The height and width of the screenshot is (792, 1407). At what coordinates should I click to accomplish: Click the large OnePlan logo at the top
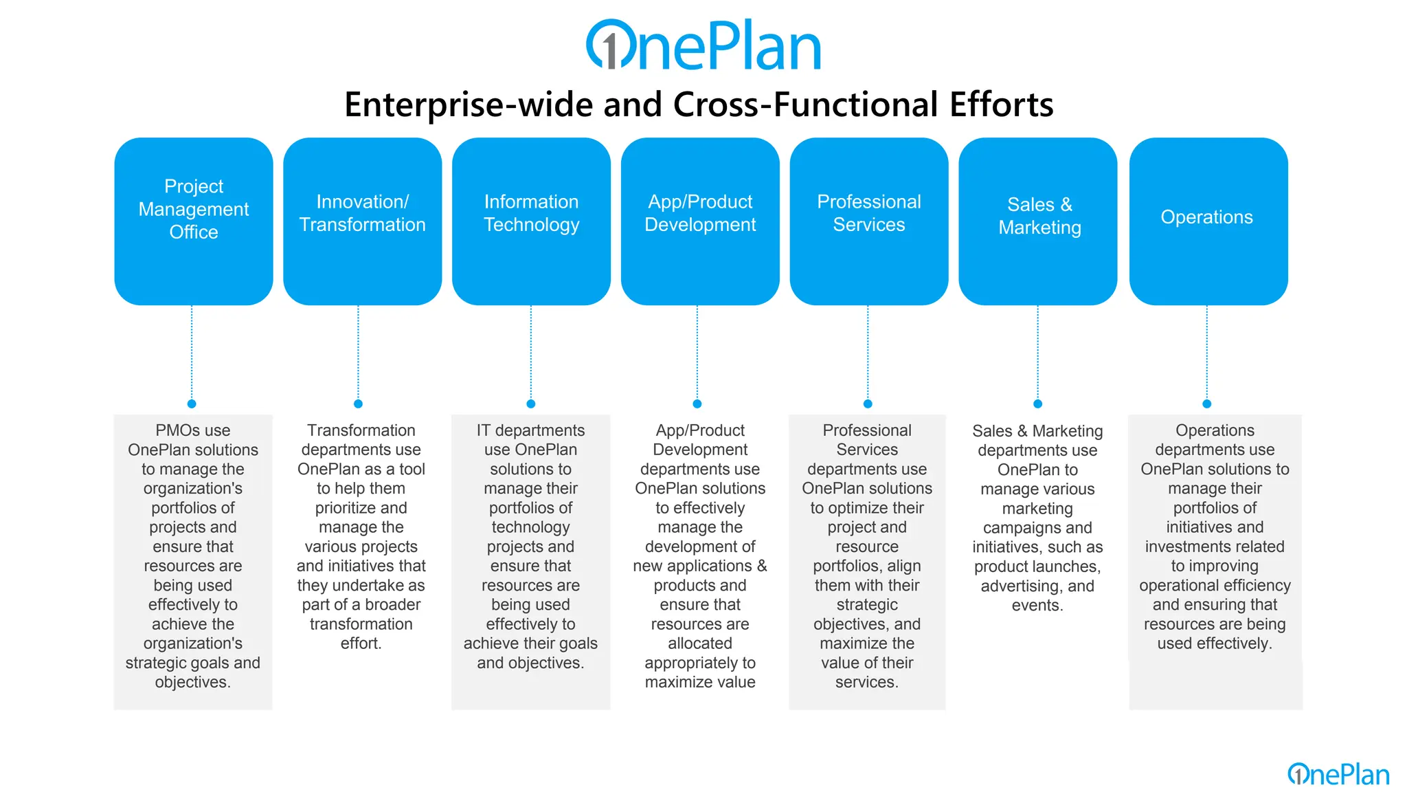click(703, 45)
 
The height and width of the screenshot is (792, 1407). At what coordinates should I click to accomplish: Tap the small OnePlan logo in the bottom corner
click(1338, 775)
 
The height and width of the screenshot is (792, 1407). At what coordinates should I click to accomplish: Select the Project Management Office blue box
click(194, 221)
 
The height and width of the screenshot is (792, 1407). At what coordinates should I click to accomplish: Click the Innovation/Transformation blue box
click(362, 221)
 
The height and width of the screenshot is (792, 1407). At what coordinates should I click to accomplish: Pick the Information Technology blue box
click(531, 221)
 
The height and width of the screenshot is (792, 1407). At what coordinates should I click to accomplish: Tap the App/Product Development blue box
click(700, 221)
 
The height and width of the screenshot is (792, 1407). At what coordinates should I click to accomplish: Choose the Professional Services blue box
click(868, 221)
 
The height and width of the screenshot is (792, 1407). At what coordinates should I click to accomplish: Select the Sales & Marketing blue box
click(1037, 221)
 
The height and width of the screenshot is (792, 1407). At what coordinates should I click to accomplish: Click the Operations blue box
click(1208, 221)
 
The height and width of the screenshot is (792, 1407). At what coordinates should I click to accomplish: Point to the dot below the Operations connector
click(1207, 404)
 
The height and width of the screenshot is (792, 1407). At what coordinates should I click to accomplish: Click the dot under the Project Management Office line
click(192, 404)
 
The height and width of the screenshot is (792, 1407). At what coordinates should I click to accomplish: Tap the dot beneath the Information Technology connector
click(530, 404)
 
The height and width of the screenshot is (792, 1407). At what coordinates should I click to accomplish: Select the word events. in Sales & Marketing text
click(1037, 606)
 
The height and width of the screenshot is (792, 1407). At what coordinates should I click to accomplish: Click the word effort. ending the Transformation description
click(361, 643)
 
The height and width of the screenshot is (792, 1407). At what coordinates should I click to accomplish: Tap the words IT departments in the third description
click(530, 430)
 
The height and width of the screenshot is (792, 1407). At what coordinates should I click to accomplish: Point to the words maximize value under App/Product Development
click(699, 683)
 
